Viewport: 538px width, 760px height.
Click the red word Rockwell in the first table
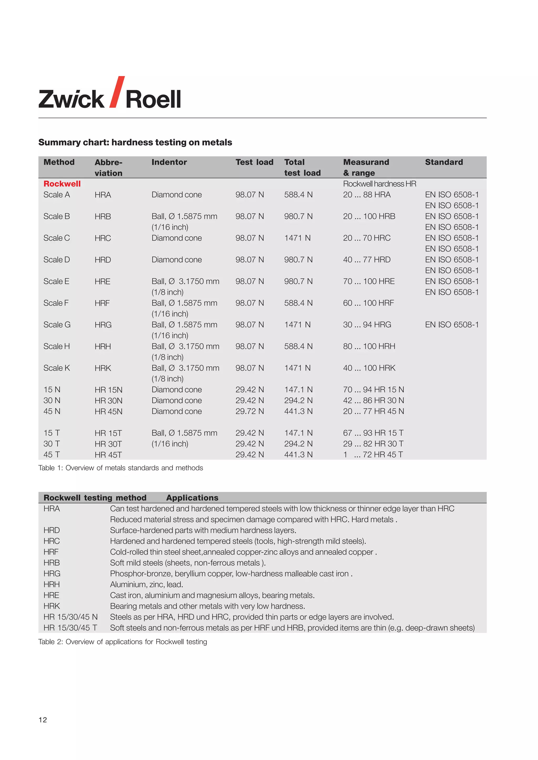(62, 184)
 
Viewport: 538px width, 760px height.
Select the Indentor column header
(169, 162)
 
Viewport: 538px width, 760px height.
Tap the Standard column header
(444, 162)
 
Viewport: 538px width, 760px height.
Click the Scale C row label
(57, 238)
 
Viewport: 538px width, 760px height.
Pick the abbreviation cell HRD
(103, 260)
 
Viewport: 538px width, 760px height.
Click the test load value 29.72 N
(250, 411)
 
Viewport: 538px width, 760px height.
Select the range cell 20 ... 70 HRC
(366, 238)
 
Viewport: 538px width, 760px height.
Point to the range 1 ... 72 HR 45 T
(373, 455)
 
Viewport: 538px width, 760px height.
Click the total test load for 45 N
(298, 411)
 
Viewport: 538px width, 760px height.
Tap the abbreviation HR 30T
(108, 444)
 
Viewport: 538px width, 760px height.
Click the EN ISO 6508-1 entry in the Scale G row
(452, 325)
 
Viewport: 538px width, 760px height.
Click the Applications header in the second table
(192, 498)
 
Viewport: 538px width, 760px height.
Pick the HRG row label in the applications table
(52, 573)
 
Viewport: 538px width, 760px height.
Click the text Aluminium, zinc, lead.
(146, 584)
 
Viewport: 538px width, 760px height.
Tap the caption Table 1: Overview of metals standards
(121, 468)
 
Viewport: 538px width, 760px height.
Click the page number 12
(43, 720)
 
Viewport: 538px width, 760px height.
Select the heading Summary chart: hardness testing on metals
(135, 142)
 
